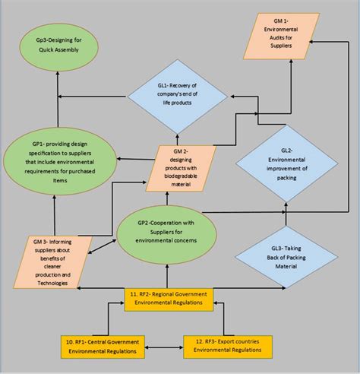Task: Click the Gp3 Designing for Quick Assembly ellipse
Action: tap(57, 48)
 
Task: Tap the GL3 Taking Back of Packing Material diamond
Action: tap(290, 258)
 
